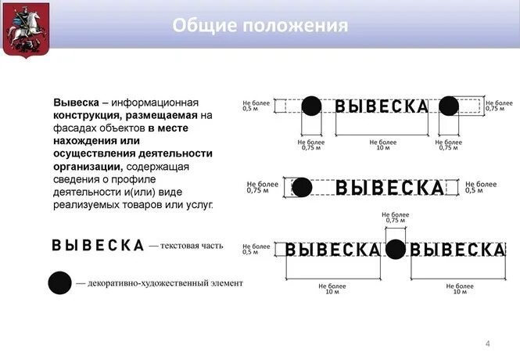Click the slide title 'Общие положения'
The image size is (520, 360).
[x=260, y=25]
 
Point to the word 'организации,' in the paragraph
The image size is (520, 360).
[x=88, y=167]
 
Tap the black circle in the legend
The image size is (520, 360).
[x=59, y=283]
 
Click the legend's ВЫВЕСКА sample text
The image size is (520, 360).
[x=98, y=245]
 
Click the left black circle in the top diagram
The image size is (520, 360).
[x=310, y=106]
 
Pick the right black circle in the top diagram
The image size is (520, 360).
[x=449, y=106]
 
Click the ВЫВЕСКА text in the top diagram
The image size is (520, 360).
[x=382, y=106]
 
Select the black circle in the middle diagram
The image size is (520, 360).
[x=302, y=187]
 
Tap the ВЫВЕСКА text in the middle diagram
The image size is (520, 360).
[x=389, y=188]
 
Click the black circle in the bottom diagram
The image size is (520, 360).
[x=396, y=249]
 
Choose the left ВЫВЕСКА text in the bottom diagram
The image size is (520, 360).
[x=332, y=250]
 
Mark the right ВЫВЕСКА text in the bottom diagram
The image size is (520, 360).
[x=458, y=250]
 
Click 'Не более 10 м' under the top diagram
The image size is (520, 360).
[x=382, y=145]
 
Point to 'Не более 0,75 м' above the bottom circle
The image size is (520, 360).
[x=395, y=218]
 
